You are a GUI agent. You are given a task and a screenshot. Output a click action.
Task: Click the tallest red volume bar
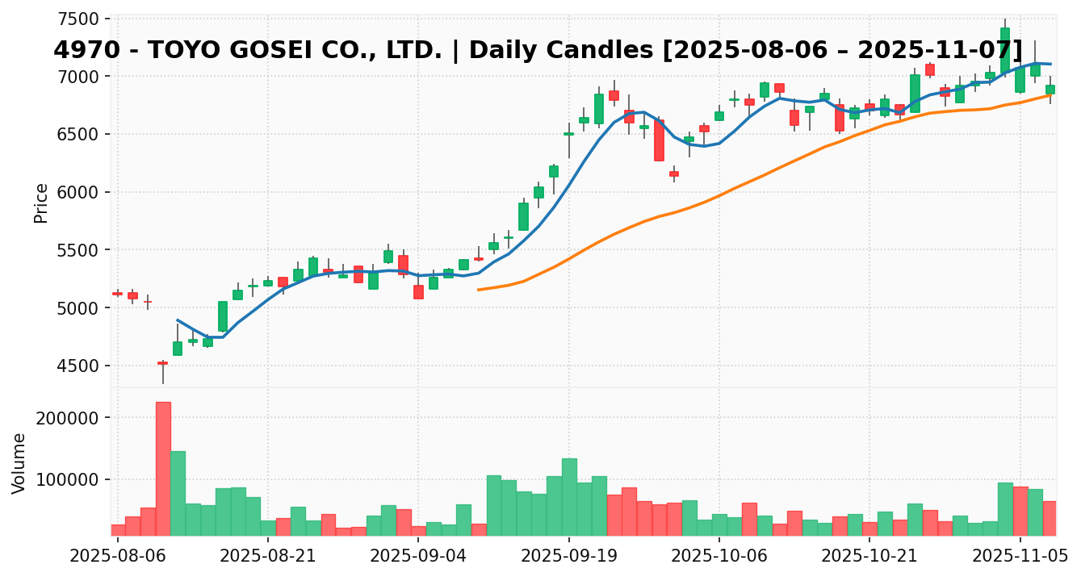pos(163,468)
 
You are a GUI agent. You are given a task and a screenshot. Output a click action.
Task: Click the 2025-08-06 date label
pos(118,556)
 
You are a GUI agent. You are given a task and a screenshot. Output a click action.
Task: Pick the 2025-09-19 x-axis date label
pos(569,556)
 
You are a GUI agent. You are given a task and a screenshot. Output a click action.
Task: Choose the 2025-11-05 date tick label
pos(1020,556)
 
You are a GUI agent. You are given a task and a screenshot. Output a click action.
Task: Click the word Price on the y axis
pos(41,203)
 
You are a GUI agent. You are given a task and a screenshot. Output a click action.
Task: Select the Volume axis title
pos(19,462)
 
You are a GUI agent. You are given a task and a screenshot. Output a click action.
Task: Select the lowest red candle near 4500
pos(163,363)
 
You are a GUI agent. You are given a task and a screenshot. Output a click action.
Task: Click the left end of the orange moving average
pos(479,290)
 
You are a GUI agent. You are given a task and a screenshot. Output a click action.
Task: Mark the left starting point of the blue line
pos(178,320)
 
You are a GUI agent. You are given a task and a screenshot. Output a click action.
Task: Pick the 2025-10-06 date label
pos(719,556)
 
